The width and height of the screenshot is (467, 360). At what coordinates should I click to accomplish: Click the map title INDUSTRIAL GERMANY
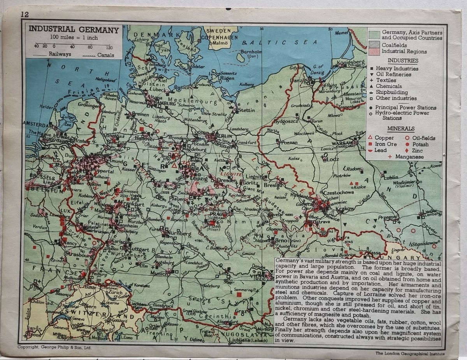click(74, 30)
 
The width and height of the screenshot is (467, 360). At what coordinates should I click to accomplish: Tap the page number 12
click(25, 14)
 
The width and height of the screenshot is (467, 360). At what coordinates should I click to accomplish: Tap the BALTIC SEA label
click(279, 42)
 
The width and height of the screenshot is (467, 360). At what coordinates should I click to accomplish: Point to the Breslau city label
click(272, 185)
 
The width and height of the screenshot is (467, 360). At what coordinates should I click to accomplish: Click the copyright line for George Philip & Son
click(55, 347)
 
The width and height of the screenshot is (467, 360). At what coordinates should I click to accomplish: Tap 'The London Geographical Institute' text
click(408, 353)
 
